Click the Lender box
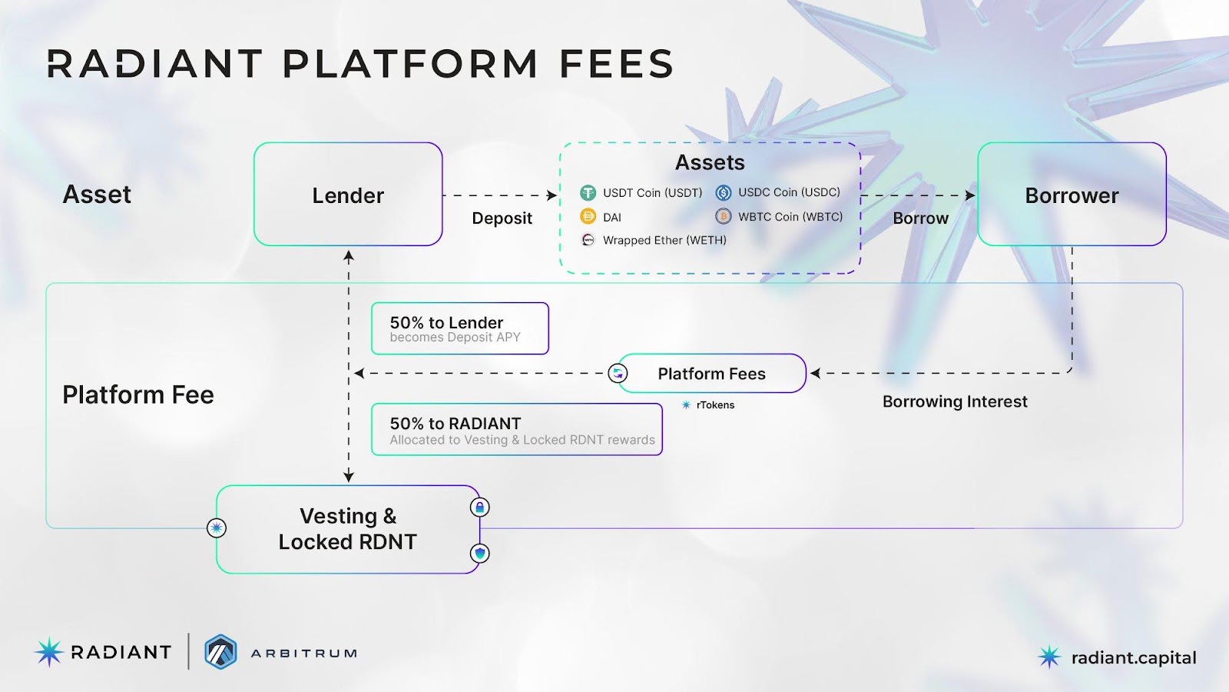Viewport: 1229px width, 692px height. click(348, 195)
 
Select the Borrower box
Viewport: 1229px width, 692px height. click(1072, 195)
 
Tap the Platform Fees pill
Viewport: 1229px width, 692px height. click(711, 374)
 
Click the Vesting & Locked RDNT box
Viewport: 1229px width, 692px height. click(348, 529)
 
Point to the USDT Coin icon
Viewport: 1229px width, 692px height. click(588, 193)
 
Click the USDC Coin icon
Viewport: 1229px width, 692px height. click(724, 192)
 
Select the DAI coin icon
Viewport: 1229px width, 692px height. click(588, 217)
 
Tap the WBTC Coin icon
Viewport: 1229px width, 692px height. click(724, 216)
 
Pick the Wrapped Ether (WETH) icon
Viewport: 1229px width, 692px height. click(588, 240)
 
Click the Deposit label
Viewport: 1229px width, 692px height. click(502, 218)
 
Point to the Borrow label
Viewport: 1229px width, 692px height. click(920, 218)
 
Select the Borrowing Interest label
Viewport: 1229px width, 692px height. click(955, 401)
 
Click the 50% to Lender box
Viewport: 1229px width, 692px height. click(459, 328)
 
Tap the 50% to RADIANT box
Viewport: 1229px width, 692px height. click(516, 430)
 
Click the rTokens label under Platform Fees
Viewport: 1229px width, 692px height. click(715, 405)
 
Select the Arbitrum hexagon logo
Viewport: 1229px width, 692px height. click(220, 652)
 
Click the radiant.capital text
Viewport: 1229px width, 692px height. click(1134, 658)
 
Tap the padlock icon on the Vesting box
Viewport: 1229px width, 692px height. click(480, 507)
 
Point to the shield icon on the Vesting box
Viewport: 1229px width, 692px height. click(480, 553)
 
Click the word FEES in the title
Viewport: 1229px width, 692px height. click(617, 64)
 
